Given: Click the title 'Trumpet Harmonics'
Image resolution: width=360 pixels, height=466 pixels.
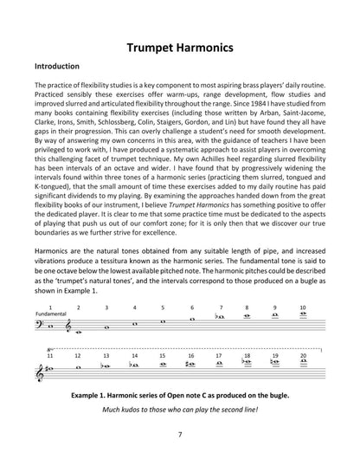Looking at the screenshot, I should tap(179, 49).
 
